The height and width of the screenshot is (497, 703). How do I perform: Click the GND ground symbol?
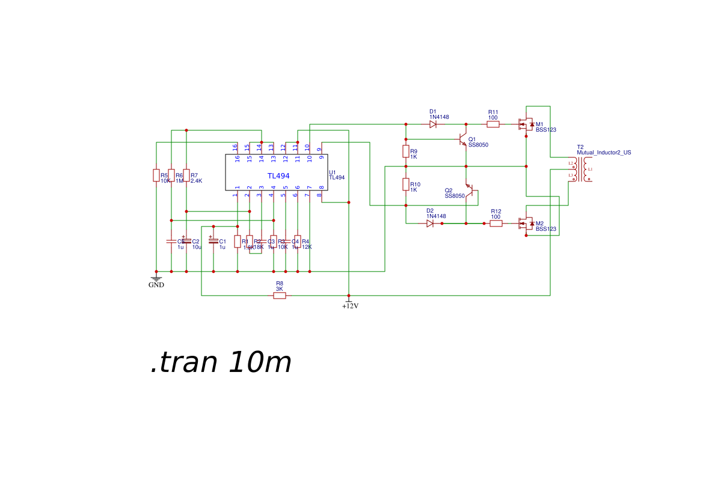click(x=156, y=279)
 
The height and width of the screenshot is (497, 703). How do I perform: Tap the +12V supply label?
click(x=350, y=306)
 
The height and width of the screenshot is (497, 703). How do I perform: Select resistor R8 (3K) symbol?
click(x=280, y=296)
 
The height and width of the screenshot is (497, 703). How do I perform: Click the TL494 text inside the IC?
click(x=278, y=176)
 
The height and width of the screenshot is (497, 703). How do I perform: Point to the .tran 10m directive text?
click(x=221, y=363)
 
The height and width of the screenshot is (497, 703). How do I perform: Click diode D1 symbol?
click(x=432, y=124)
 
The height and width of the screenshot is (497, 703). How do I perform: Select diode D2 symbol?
click(x=430, y=224)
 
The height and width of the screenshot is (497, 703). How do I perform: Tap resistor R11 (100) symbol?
click(x=493, y=124)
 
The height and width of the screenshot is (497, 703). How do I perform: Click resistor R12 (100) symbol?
click(x=496, y=224)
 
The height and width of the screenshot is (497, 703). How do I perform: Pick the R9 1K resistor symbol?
click(x=406, y=151)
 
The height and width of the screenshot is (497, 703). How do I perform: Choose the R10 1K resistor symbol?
click(x=406, y=184)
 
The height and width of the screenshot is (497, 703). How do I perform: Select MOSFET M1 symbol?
click(x=526, y=125)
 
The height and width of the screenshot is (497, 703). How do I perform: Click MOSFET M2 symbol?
click(x=526, y=224)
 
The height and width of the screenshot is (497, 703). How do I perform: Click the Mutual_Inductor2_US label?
click(x=604, y=153)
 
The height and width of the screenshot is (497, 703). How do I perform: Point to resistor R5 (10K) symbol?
click(x=156, y=175)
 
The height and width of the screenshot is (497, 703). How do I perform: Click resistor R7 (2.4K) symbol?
click(x=186, y=175)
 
